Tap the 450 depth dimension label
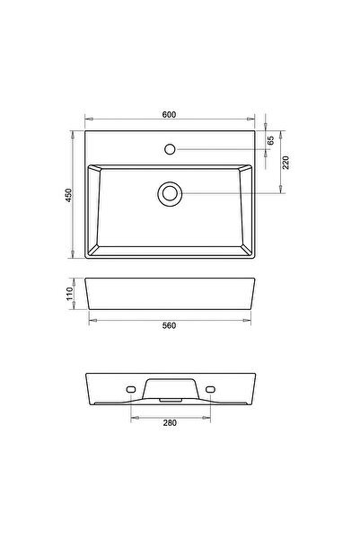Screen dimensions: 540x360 tap(66, 197)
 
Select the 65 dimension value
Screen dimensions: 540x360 tap(270, 140)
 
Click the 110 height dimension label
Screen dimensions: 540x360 tap(66, 294)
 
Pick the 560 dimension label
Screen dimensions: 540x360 tap(169, 324)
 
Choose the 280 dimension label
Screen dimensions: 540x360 tap(170, 421)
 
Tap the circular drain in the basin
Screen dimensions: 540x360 tap(169, 192)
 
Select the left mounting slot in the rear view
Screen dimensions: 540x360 tap(131, 388)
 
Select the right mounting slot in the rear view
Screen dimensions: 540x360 tap(209, 388)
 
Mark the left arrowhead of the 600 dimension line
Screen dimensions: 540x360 tap(87, 120)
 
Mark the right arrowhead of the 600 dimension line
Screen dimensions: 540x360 tap(253, 120)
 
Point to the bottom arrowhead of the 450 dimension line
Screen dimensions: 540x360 tap(73, 259)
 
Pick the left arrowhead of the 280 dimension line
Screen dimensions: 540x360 tap(134, 416)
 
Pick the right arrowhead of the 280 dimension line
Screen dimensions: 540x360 tap(206, 416)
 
